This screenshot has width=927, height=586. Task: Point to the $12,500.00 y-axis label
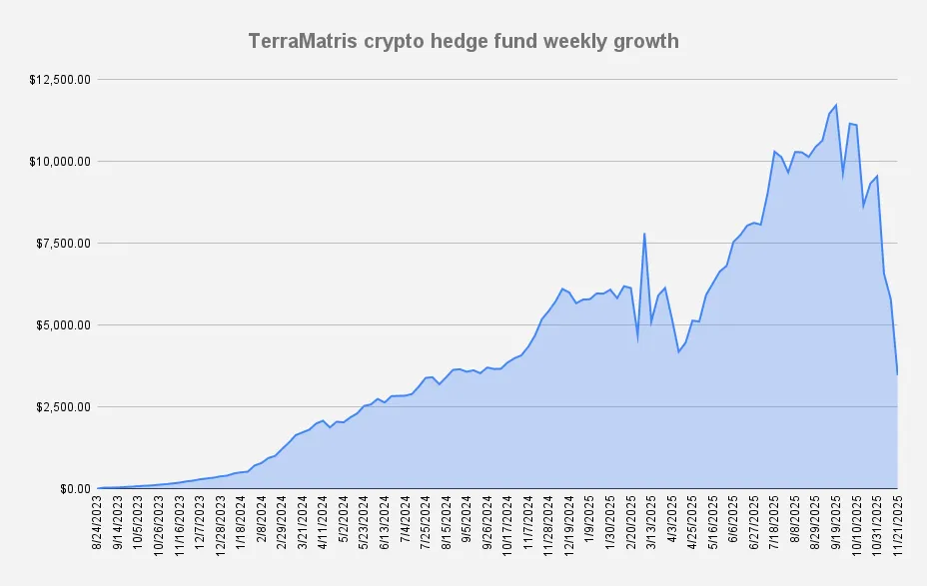pyautogui.click(x=62, y=80)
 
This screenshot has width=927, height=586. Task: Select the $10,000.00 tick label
pyautogui.click(x=62, y=162)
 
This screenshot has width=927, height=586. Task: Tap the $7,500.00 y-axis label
pyautogui.click(x=65, y=244)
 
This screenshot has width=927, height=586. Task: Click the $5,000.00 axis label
pyautogui.click(x=65, y=325)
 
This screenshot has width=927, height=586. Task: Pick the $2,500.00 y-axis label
pyautogui.click(x=65, y=407)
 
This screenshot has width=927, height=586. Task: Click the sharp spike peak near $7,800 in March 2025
pyautogui.click(x=644, y=234)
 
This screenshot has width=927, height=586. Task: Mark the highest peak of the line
pyautogui.click(x=835, y=105)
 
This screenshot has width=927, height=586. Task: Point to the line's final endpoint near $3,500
pyautogui.click(x=897, y=373)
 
